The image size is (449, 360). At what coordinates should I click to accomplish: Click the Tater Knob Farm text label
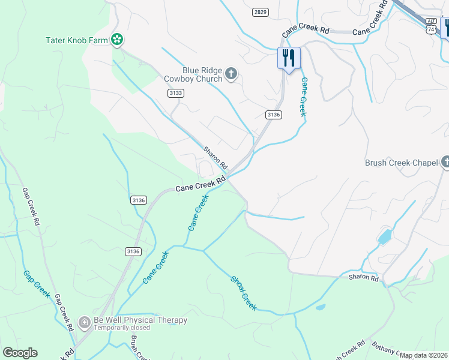[76, 40]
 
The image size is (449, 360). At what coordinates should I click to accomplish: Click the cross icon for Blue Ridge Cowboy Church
[231, 75]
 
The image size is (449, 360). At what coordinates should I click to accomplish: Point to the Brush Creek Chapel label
[402, 163]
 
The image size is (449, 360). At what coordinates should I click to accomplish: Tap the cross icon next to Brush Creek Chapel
[445, 162]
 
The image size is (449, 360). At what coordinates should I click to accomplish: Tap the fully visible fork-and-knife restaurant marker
[289, 59]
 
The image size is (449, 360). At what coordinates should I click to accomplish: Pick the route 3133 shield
[176, 93]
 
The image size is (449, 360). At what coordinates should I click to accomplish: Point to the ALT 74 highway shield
[431, 25]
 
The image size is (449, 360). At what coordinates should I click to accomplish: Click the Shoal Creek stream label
[244, 293]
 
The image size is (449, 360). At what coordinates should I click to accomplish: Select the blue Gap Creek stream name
[36, 284]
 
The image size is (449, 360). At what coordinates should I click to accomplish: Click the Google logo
[20, 353]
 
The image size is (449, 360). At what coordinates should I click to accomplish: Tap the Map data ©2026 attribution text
[423, 355]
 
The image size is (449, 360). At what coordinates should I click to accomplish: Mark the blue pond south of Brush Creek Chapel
[384, 235]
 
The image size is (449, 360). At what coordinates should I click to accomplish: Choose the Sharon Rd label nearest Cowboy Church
[215, 157]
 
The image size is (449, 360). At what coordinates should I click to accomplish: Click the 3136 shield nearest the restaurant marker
[273, 115]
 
